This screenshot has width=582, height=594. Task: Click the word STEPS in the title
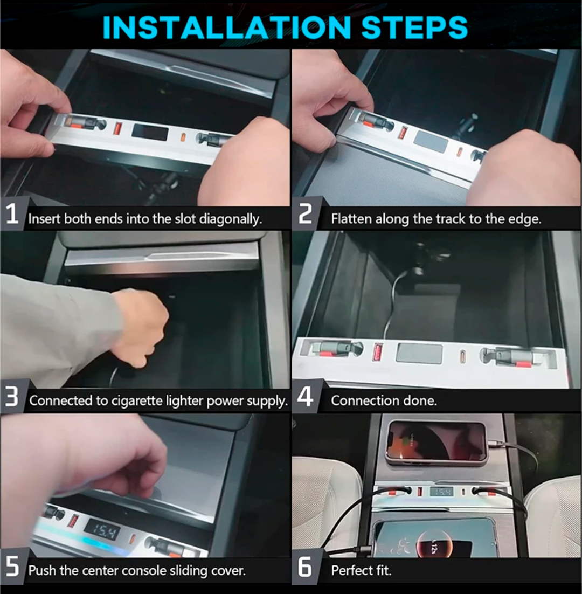coord(414,27)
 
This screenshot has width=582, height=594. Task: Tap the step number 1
coord(12,213)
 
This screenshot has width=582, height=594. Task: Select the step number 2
coord(305,213)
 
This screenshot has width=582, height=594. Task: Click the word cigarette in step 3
coord(136,401)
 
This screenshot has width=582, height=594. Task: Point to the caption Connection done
coord(384,400)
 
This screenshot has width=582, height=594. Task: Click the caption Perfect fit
coord(361,570)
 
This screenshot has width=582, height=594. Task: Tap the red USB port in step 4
coord(378,351)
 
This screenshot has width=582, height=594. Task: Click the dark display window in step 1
coord(150,132)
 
